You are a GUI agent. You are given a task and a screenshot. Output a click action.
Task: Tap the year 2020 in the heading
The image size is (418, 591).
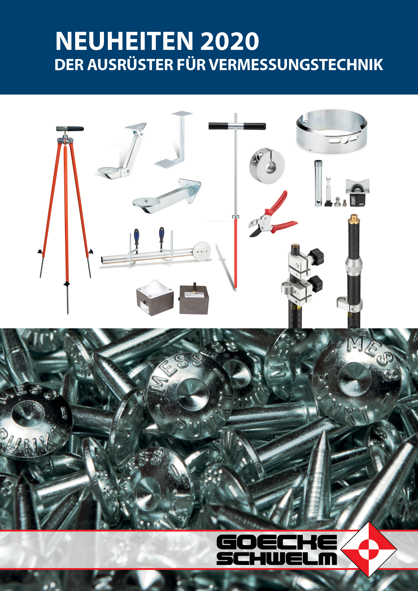tap(229, 41)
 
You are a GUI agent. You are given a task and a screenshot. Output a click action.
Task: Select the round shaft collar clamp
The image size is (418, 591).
tap(267, 166)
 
